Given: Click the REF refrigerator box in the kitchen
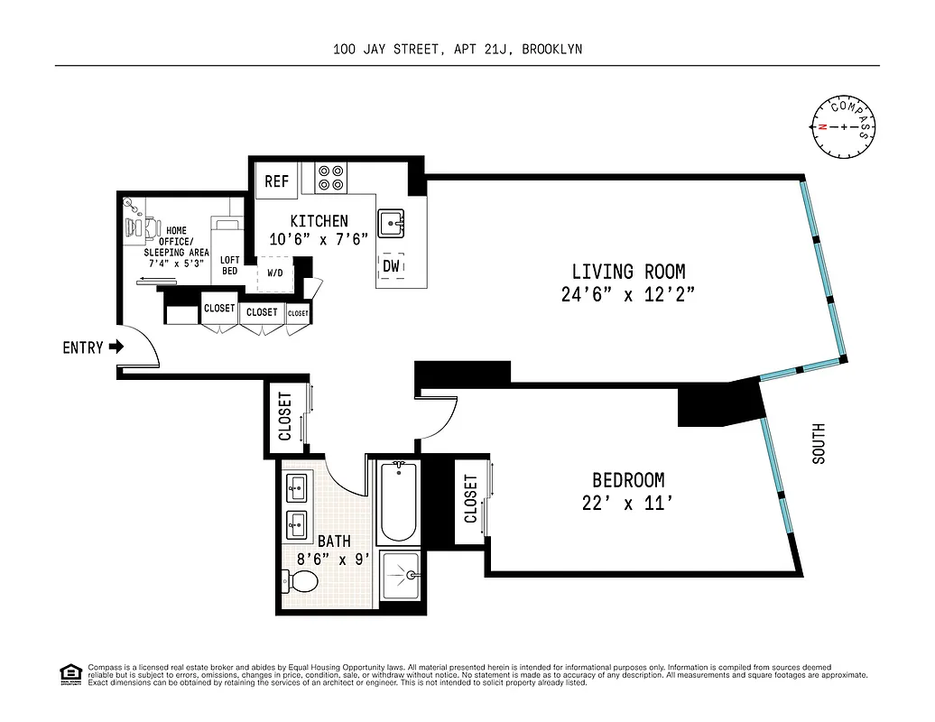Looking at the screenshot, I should point(276,181).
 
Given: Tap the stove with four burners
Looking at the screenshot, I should point(331,177).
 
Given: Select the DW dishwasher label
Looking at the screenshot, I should point(392,266).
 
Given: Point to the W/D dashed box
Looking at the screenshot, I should point(273,273).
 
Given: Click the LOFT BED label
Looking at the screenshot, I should point(229,266).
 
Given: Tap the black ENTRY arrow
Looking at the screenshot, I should point(116,347).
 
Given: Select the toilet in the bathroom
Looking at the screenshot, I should point(302,582).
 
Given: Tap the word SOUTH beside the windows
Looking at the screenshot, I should point(819,445).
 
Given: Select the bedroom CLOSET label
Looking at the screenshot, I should point(469,500).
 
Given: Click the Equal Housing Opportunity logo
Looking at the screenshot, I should point(69,674).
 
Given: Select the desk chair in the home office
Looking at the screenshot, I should point(142,227).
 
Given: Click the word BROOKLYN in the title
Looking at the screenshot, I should point(551,50).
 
